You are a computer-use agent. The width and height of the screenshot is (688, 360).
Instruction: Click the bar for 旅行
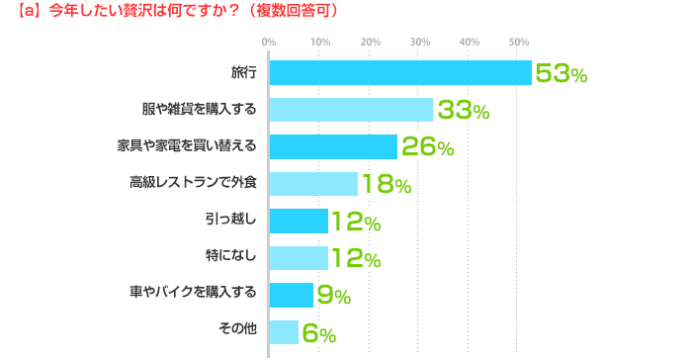tap(400, 73)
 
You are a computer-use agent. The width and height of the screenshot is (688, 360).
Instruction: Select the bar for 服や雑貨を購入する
tap(351, 110)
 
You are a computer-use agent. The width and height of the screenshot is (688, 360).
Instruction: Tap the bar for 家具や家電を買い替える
tap(333, 147)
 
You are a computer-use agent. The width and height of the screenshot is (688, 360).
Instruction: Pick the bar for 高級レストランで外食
tap(313, 184)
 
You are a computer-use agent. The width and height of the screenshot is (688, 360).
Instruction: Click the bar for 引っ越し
tap(299, 221)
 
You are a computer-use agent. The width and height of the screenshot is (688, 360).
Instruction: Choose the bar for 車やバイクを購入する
tap(292, 295)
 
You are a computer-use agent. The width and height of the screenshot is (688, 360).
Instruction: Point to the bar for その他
tap(284, 331)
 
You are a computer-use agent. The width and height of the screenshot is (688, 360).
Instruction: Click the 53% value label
tap(561, 73)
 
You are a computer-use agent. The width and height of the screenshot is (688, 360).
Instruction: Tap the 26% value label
tap(427, 147)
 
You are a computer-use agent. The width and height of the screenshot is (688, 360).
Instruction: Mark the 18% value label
tap(385, 184)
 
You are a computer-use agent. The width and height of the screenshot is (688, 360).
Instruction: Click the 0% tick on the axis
tap(269, 42)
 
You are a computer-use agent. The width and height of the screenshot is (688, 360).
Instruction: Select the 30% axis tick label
tap(419, 42)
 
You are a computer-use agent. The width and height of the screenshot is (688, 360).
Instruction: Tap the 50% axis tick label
tap(519, 42)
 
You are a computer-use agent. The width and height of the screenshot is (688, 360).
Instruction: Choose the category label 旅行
tap(243, 73)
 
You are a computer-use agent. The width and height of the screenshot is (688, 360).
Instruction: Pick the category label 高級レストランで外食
tap(193, 184)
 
